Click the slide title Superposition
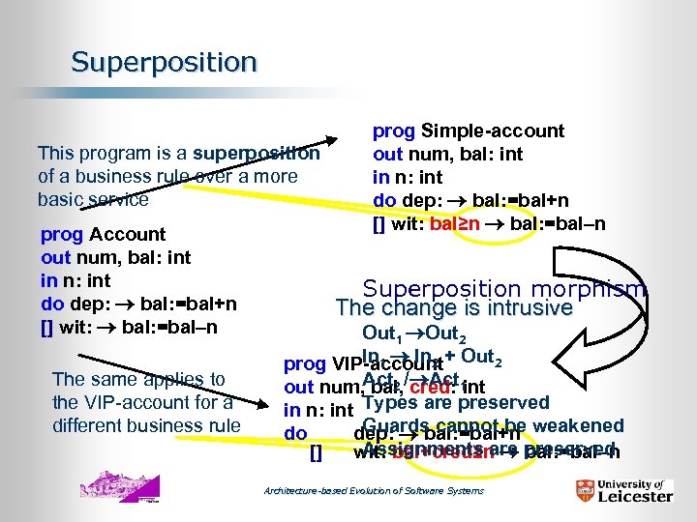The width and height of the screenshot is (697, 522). point(164,63)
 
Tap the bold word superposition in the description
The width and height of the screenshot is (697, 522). point(256,153)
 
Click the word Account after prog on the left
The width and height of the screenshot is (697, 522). point(127,234)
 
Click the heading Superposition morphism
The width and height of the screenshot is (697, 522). point(504,289)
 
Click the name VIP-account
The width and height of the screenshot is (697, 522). point(387,364)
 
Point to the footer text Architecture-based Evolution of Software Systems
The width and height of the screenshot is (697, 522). point(374,491)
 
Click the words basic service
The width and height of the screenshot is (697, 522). point(93,199)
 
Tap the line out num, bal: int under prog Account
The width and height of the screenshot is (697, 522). point(115,257)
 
